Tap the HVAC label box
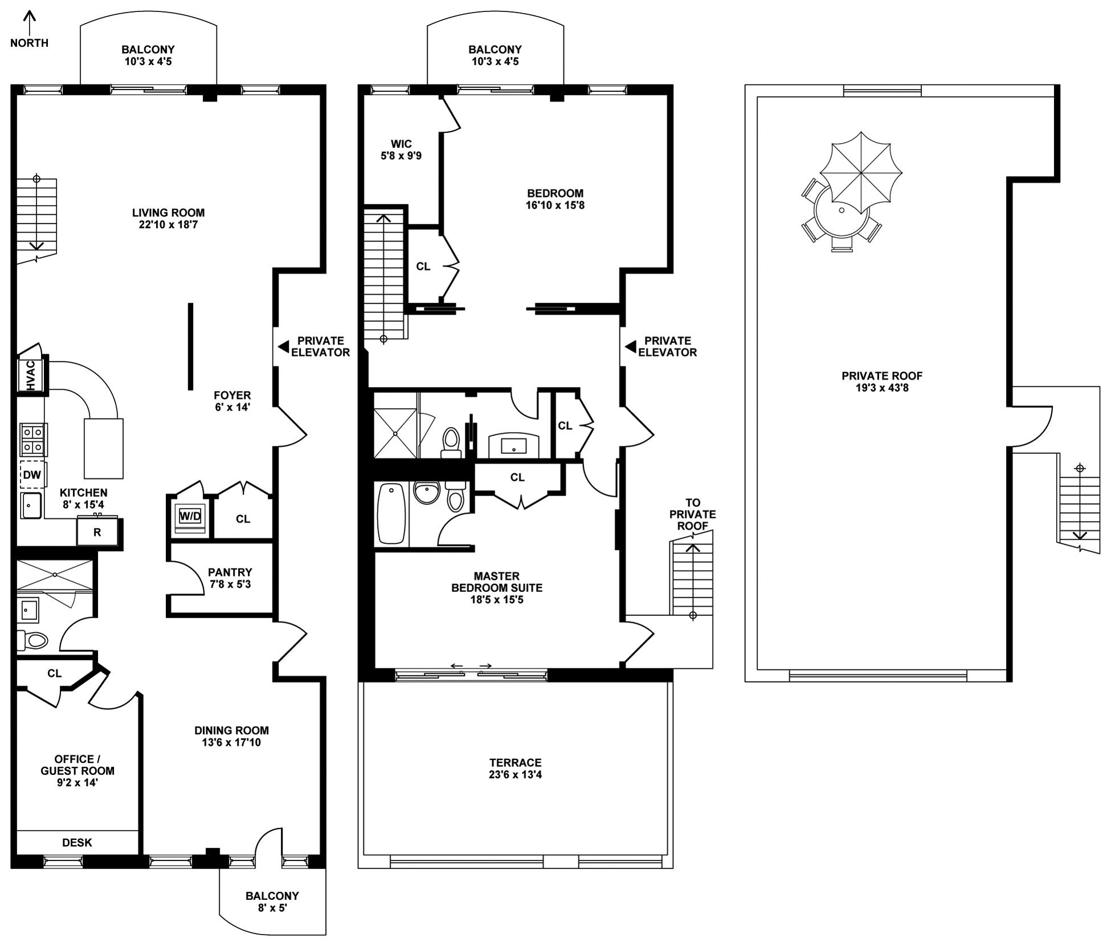pyautogui.click(x=31, y=375)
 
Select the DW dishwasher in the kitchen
pyautogui.click(x=32, y=474)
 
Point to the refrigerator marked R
pyautogui.click(x=97, y=532)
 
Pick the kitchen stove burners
pyautogui.click(x=34, y=440)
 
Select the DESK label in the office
pyautogui.click(x=77, y=843)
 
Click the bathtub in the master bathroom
pyautogui.click(x=391, y=513)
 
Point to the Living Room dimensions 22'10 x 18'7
pyautogui.click(x=168, y=225)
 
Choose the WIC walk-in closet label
pyautogui.click(x=401, y=144)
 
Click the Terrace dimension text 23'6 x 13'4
pyautogui.click(x=515, y=775)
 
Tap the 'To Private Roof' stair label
pyautogui.click(x=693, y=514)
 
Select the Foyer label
pyautogui.click(x=232, y=395)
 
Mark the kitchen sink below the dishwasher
pyautogui.click(x=31, y=506)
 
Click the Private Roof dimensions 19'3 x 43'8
pyautogui.click(x=882, y=388)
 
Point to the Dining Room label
pyautogui.click(x=231, y=730)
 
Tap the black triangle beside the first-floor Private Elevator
pyautogui.click(x=283, y=347)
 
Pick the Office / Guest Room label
pyautogui.click(x=77, y=765)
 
